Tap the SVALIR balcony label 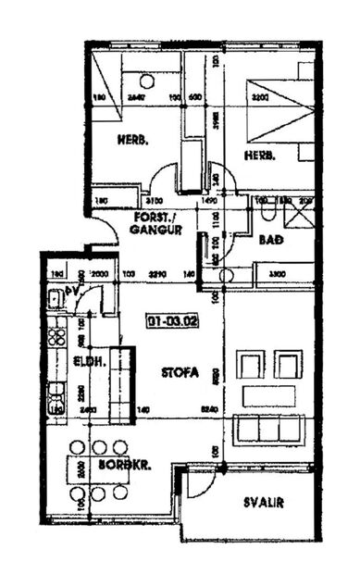264,503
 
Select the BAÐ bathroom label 270,240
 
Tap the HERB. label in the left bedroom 133,141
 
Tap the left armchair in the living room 251,364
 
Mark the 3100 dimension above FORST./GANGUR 155,200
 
